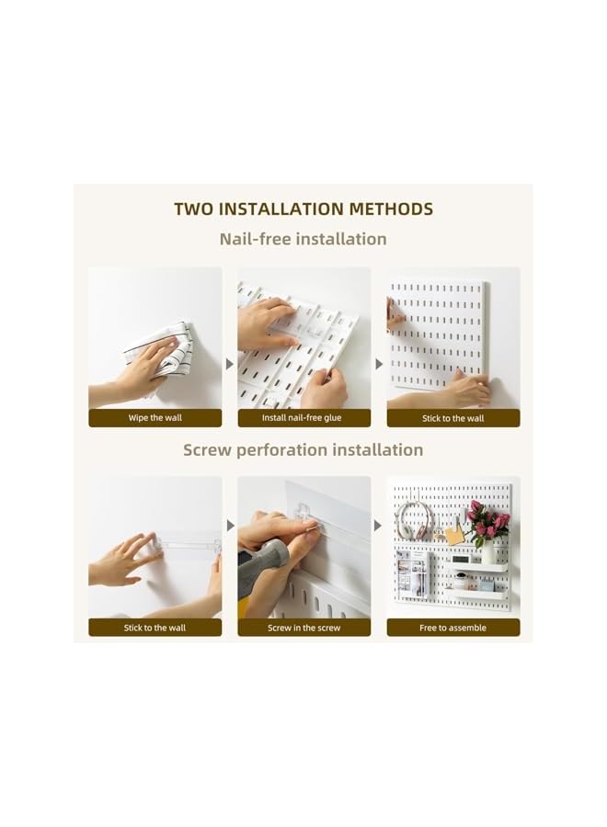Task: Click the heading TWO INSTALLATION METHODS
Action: [x=303, y=209]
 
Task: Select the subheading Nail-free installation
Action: [x=303, y=239]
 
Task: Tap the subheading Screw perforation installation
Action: [x=303, y=449]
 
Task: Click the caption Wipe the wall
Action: [x=155, y=418]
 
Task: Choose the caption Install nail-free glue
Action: [x=303, y=418]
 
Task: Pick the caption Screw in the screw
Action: [x=303, y=628]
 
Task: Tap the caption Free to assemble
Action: [x=452, y=628]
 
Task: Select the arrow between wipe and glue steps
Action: [x=230, y=364]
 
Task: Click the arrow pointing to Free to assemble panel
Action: [x=379, y=526]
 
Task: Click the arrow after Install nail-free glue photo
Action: [x=379, y=364]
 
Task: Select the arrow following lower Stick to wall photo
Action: [x=230, y=526]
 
